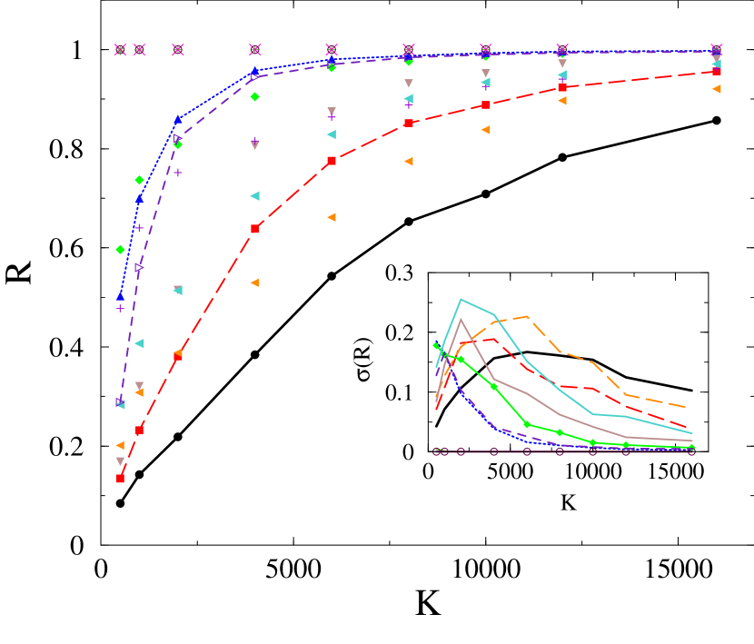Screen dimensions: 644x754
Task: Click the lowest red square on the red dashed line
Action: pos(120,479)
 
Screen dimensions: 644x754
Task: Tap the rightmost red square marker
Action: pos(717,71)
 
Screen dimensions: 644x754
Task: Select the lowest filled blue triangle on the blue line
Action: pos(120,296)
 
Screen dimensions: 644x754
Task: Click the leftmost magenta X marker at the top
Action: pos(120,49)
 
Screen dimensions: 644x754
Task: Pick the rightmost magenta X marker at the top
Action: pos(717,49)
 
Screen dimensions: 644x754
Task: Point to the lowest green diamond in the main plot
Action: pos(120,250)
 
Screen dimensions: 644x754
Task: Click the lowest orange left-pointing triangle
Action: pos(120,445)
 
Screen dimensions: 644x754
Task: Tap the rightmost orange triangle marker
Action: pos(717,89)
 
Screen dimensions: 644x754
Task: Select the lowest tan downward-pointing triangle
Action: pos(120,461)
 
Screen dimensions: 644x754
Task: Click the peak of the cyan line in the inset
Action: pos(461,299)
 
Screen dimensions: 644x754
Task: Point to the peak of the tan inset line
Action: pos(461,319)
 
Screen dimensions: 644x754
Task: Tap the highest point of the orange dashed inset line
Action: pos(528,317)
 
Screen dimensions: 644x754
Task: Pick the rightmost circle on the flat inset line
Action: pos(691,451)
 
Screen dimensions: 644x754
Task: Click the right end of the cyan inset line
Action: pos(692,433)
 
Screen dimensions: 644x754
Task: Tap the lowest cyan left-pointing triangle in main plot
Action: pos(120,405)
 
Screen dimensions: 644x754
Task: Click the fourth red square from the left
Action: pos(254,229)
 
